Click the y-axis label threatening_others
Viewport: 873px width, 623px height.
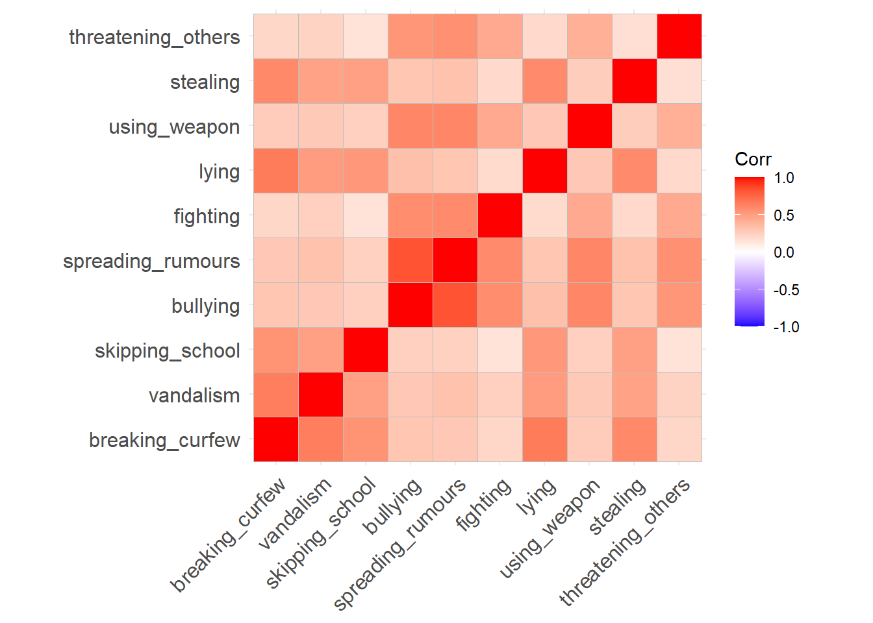point(155,38)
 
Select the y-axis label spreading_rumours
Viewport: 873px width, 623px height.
point(151,262)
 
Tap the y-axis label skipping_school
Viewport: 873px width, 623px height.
point(168,351)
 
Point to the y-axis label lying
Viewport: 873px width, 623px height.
point(220,173)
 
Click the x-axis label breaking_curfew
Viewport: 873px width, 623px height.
point(228,535)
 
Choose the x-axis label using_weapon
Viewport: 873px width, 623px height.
point(550,529)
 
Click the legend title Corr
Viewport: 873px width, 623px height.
point(753,160)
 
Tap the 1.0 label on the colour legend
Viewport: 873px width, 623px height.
point(784,178)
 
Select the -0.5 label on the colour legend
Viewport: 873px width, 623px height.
point(786,290)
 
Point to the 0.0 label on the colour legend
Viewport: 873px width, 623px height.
point(784,253)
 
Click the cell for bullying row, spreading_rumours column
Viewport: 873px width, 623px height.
point(455,305)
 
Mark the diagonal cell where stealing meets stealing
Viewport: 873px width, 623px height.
point(635,81)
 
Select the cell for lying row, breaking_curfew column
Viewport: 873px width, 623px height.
point(276,171)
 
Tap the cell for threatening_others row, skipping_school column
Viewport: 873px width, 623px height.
point(366,36)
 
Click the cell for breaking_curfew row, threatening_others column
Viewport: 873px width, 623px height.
point(679,439)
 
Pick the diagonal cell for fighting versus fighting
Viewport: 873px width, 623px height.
point(500,215)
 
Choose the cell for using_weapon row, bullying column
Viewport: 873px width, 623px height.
point(411,126)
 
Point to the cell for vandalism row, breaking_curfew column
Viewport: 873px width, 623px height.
point(276,395)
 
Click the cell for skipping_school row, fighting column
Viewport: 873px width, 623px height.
point(500,350)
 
